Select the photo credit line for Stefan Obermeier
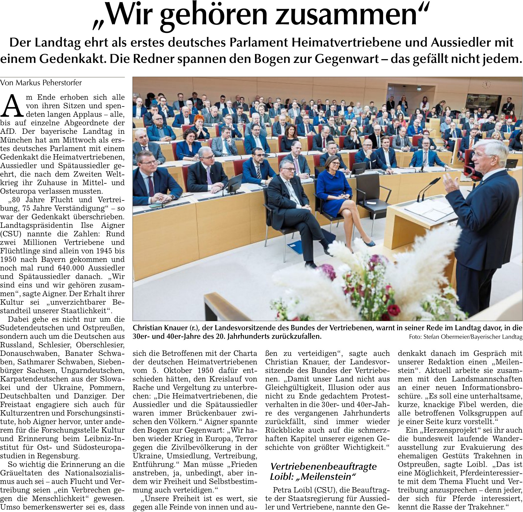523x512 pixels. click(x=466, y=337)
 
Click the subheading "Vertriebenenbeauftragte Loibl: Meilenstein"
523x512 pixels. click(x=323, y=471)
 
